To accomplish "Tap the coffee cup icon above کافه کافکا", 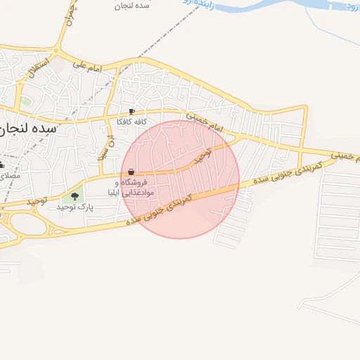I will pyautogui.click(x=131, y=112).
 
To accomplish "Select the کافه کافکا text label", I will pyautogui.click(x=131, y=122).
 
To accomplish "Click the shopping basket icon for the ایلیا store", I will pyautogui.click(x=131, y=172).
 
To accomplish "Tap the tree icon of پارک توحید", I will pyautogui.click(x=75, y=195).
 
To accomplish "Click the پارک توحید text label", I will pyautogui.click(x=75, y=207).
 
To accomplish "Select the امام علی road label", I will pyautogui.click(x=88, y=67).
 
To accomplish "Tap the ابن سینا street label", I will pyautogui.click(x=110, y=146).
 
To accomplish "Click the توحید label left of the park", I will pyautogui.click(x=36, y=201).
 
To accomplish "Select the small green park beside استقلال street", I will pyautogui.click(x=27, y=101).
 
